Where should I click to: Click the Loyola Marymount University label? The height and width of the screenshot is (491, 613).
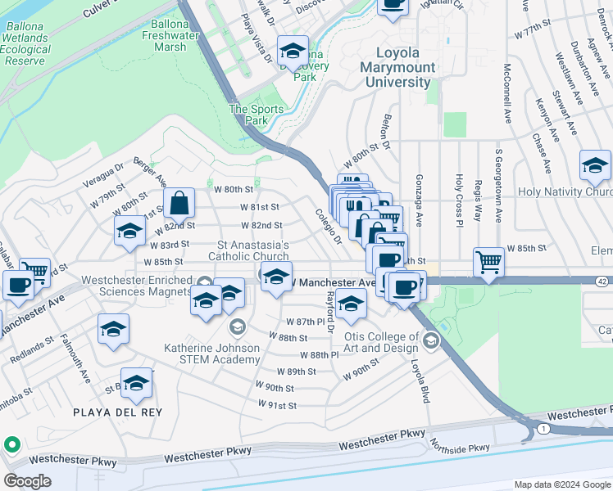[398, 67]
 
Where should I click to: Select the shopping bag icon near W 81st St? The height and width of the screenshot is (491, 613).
[179, 205]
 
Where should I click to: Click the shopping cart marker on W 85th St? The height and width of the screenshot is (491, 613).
[488, 263]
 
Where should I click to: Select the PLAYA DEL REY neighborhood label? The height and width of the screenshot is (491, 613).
[128, 412]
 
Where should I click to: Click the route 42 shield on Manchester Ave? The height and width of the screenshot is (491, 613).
[602, 281]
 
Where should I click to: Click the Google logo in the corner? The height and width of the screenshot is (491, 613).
[27, 480]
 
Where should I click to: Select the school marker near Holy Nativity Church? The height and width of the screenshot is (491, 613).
[595, 166]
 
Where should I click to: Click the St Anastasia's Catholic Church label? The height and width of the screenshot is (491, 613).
[253, 250]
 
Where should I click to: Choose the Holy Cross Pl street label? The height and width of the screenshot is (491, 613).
[458, 200]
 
